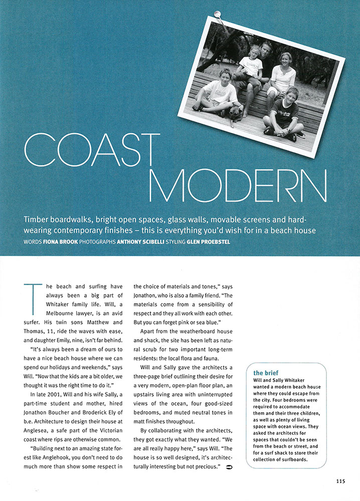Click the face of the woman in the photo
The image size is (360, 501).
pyautogui.click(x=285, y=61)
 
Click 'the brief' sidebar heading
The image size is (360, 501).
pyautogui.click(x=265, y=373)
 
